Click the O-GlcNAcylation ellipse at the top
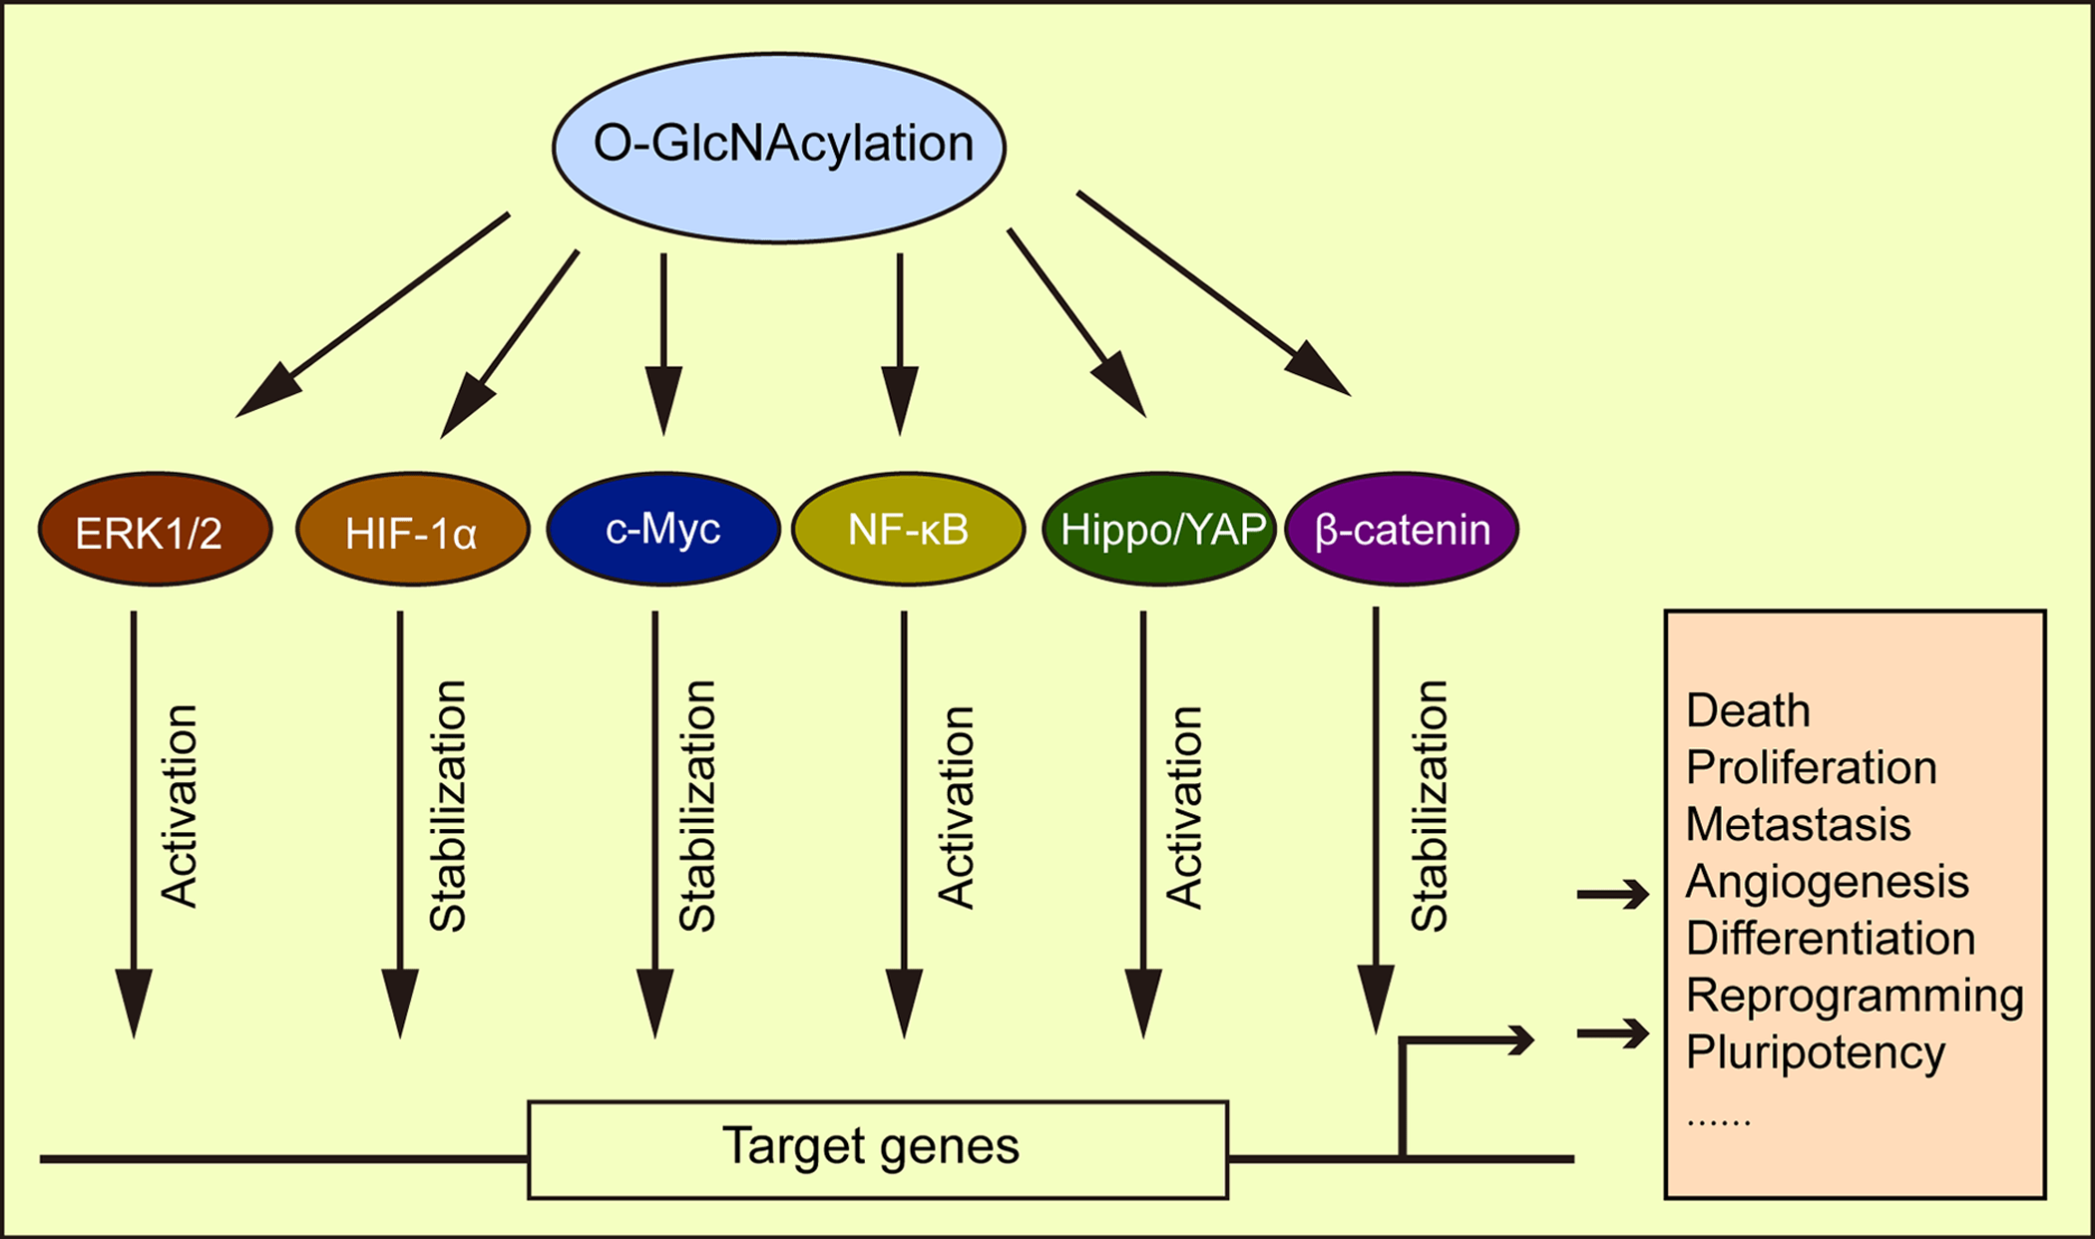coord(779,147)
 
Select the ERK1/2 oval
coord(155,530)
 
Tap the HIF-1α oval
coord(412,530)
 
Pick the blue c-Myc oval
coord(663,529)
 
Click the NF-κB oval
coord(908,529)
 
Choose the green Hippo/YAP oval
coord(1159,529)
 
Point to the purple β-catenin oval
coord(1402,529)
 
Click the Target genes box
coord(877,1148)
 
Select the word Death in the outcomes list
coord(1747,711)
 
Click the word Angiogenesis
coord(1827,882)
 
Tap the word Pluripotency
coord(1815,1052)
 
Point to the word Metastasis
coord(1798,825)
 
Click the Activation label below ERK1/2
coord(181,806)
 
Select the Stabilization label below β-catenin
coord(1430,806)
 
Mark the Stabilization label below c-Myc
coord(697,806)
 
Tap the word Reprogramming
coord(1854,996)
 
